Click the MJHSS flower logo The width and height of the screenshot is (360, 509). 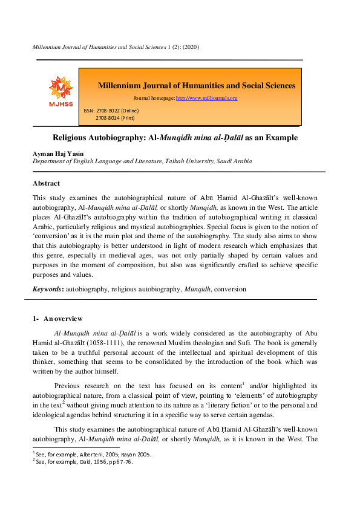click(61, 89)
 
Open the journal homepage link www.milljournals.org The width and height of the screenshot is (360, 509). click(206, 98)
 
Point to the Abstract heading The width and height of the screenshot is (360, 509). click(46, 183)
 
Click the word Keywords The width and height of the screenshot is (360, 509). click(47, 290)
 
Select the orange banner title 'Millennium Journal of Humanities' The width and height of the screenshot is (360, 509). click(197, 85)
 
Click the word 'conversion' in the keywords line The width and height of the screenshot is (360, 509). click(230, 290)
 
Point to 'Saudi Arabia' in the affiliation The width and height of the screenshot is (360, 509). click(237, 161)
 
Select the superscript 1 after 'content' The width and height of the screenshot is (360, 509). click(243, 383)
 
